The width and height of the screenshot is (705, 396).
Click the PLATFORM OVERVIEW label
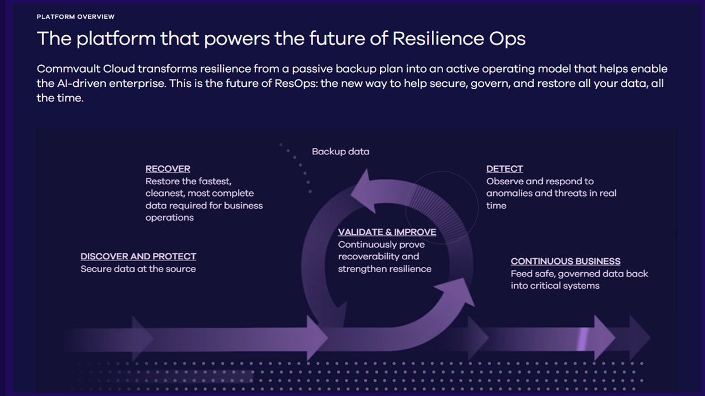point(75,16)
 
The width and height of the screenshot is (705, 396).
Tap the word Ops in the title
point(505,39)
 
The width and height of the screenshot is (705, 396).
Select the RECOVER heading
point(168,169)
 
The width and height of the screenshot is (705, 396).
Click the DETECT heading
point(505,169)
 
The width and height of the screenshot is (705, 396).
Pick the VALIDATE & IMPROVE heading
point(387,232)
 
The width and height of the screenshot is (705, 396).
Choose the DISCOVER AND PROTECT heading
point(138,256)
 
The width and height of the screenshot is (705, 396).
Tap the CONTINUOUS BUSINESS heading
point(565,261)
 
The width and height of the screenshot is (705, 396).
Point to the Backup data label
point(341,151)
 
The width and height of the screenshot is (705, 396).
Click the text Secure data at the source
point(138,269)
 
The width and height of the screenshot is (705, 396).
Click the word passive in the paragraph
point(325,69)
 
